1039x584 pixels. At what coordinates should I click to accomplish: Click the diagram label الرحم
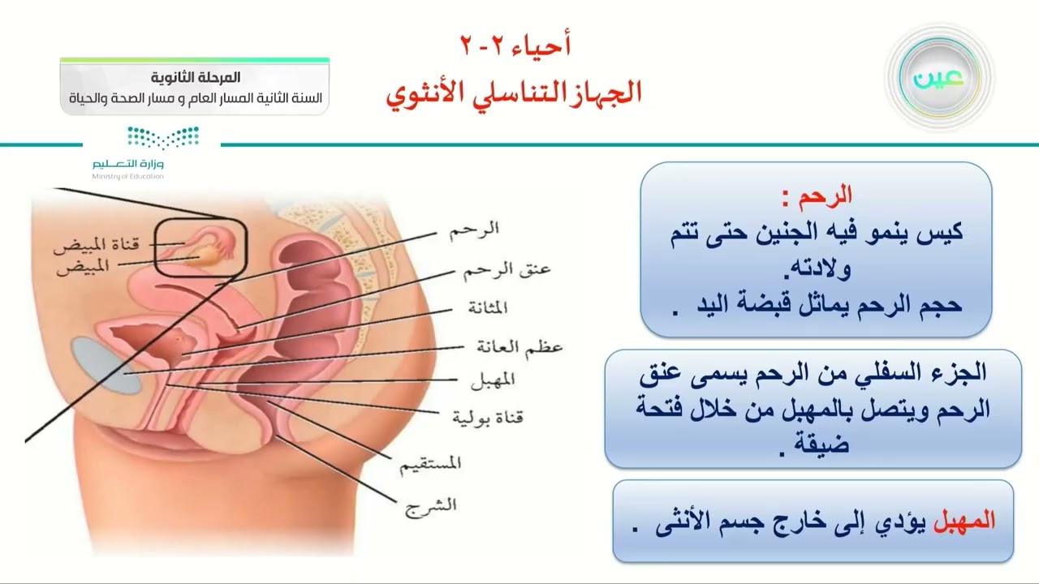click(x=474, y=229)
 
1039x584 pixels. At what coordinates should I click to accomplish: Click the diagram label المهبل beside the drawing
click(x=493, y=380)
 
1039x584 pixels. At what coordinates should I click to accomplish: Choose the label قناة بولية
click(x=487, y=418)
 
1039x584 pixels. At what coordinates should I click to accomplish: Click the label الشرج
click(x=428, y=504)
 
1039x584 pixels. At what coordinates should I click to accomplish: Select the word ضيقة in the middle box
click(x=821, y=444)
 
